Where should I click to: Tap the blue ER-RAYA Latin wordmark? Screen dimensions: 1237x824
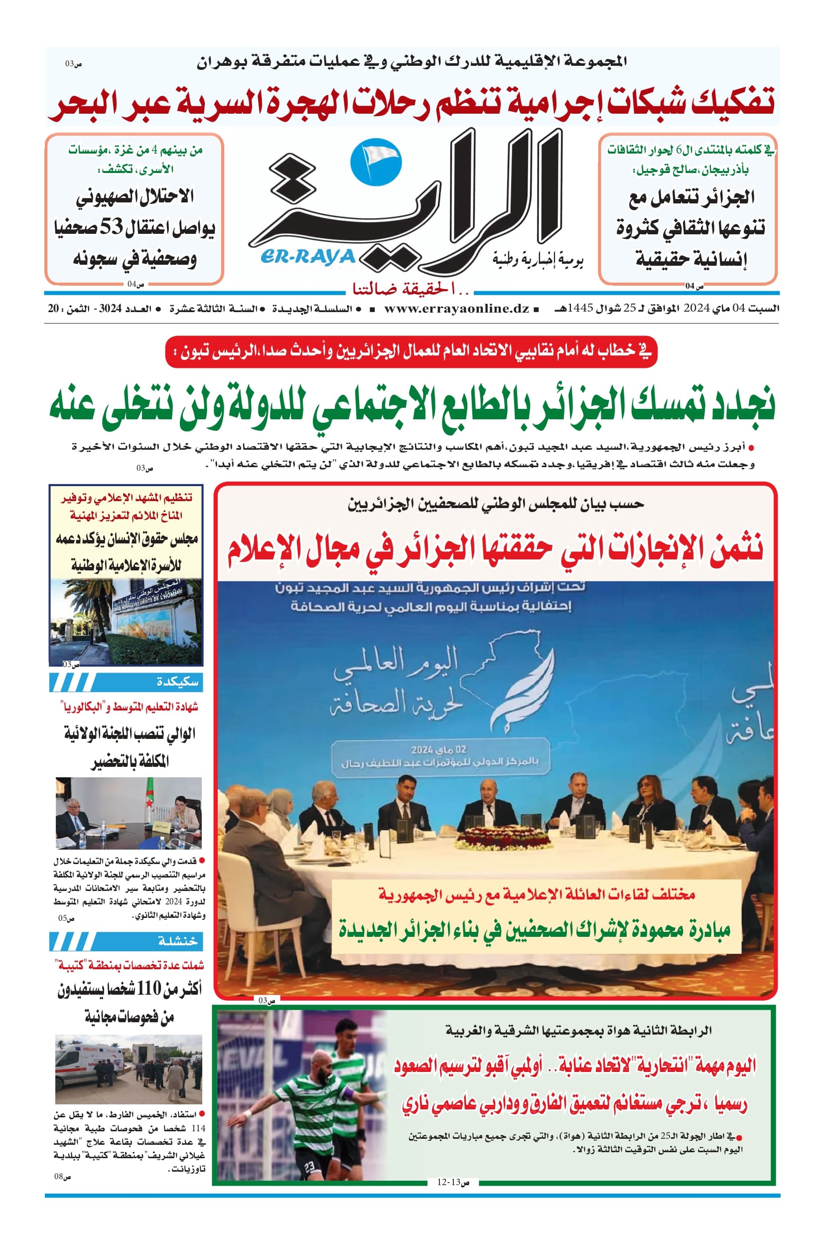(307, 257)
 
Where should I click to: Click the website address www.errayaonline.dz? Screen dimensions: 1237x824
(456, 309)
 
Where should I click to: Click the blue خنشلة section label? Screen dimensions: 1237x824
(178, 941)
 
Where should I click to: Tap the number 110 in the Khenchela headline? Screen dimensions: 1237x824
(149, 989)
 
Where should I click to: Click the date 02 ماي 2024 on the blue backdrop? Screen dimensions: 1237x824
(439, 749)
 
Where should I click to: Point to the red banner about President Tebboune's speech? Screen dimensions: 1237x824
(411, 352)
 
